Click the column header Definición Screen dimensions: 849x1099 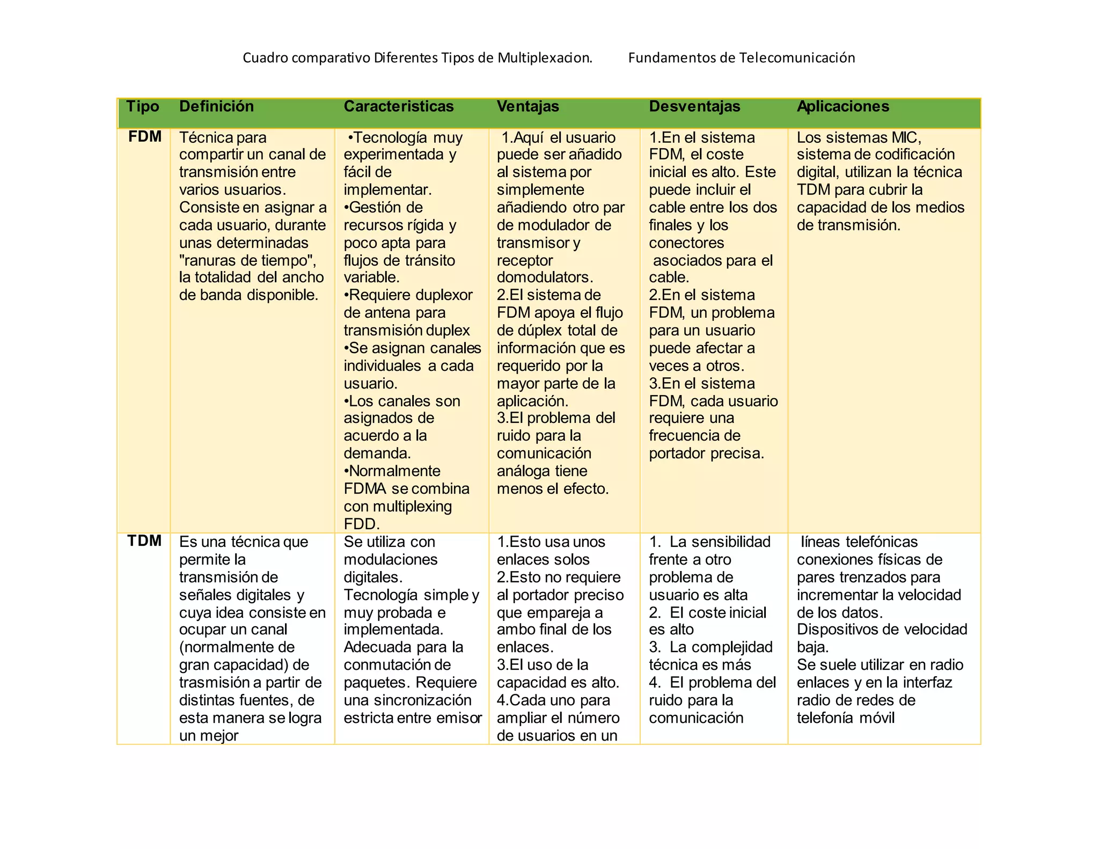216,106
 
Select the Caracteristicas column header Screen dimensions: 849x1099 399,106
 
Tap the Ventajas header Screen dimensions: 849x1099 527,106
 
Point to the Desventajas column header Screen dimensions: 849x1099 694,106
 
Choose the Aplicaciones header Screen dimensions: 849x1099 842,106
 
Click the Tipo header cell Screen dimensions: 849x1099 143,106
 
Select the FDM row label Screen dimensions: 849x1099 145,136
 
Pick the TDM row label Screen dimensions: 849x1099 144,540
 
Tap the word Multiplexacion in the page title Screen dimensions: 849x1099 544,57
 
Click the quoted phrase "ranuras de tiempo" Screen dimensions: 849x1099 247,260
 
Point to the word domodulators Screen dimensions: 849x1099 545,277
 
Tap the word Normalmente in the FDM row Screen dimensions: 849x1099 394,471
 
